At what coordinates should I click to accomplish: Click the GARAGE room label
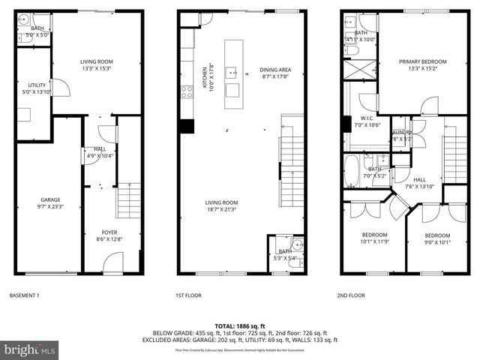50,199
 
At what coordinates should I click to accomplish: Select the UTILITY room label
37,85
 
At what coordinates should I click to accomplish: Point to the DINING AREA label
275,70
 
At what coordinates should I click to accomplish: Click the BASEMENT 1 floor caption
23,295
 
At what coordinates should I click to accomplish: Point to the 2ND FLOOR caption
352,295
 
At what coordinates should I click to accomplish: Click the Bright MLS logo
30,349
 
